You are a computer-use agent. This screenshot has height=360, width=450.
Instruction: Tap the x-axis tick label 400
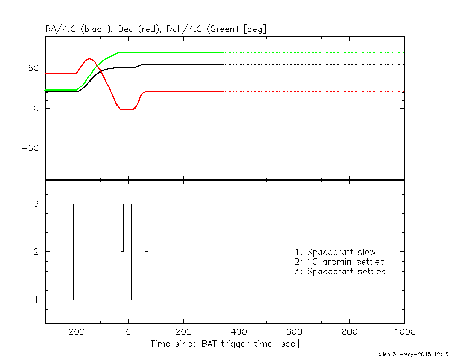click(239, 332)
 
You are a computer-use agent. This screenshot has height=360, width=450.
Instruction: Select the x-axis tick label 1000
click(403, 332)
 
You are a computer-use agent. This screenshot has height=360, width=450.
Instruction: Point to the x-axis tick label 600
click(294, 332)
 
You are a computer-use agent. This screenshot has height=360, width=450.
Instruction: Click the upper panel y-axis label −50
click(31, 148)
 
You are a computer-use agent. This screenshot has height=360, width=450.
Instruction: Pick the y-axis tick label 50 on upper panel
click(35, 68)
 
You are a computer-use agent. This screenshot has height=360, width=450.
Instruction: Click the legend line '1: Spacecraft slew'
click(335, 252)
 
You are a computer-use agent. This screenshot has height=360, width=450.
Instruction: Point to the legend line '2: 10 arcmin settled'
click(339, 262)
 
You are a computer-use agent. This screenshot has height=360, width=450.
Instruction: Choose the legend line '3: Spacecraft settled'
click(340, 271)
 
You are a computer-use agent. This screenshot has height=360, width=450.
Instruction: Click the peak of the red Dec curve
click(89, 59)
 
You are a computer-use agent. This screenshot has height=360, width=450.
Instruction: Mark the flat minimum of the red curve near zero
click(127, 109)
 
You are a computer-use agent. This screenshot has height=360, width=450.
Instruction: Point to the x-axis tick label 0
click(128, 332)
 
